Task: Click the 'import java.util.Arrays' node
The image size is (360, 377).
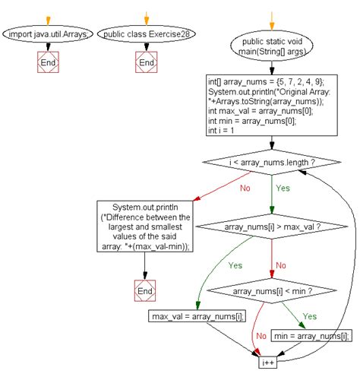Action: [x=48, y=33]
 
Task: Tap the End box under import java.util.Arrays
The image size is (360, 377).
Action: [x=48, y=63]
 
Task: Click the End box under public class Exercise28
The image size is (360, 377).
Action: [x=147, y=63]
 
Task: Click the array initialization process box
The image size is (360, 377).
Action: [x=271, y=103]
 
